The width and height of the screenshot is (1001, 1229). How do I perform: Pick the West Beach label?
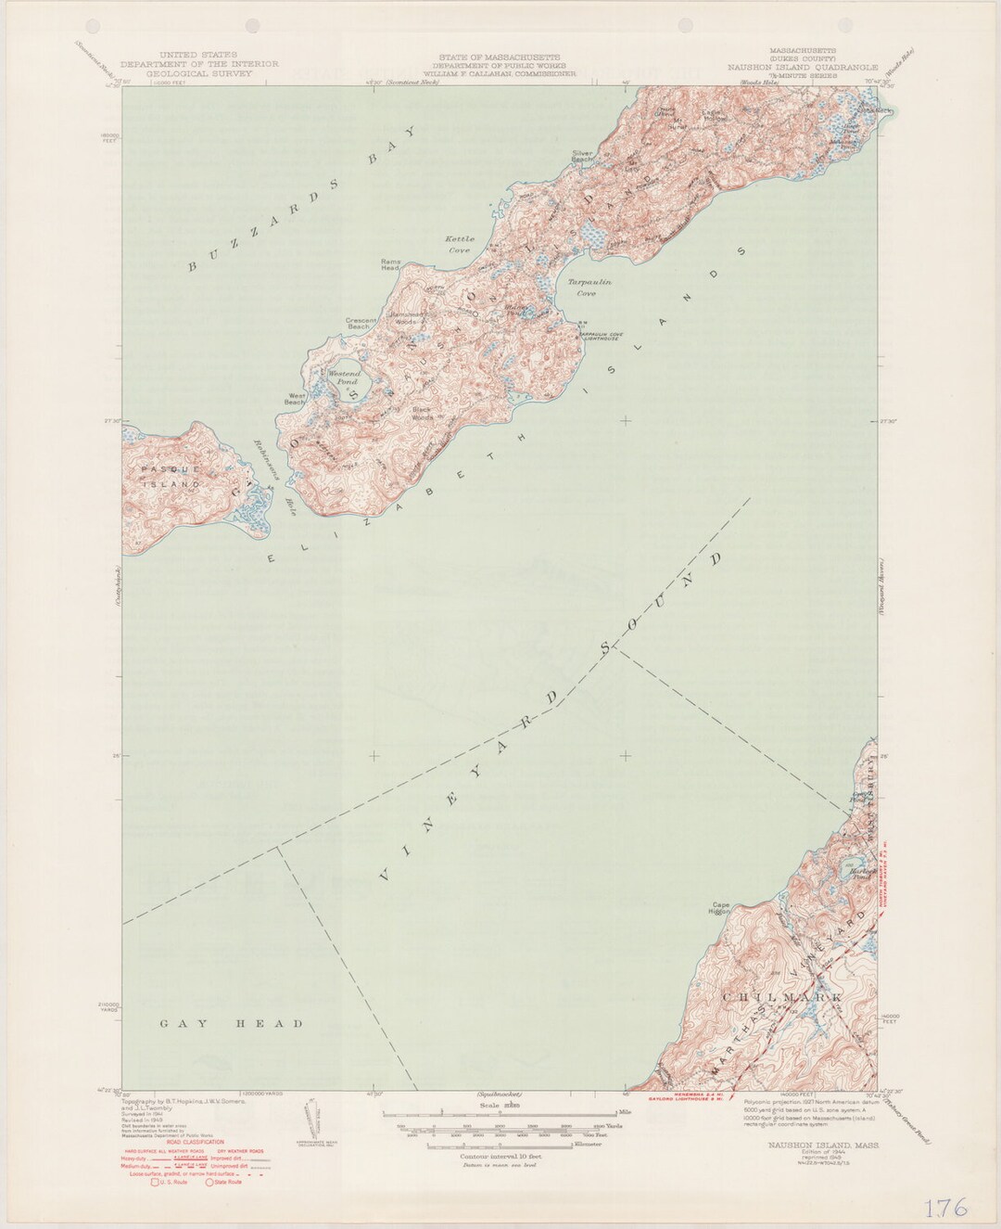[295, 400]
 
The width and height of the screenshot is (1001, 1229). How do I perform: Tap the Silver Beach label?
[582, 156]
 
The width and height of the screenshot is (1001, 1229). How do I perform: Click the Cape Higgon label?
[721, 909]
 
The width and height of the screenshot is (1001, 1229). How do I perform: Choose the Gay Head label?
[232, 1024]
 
